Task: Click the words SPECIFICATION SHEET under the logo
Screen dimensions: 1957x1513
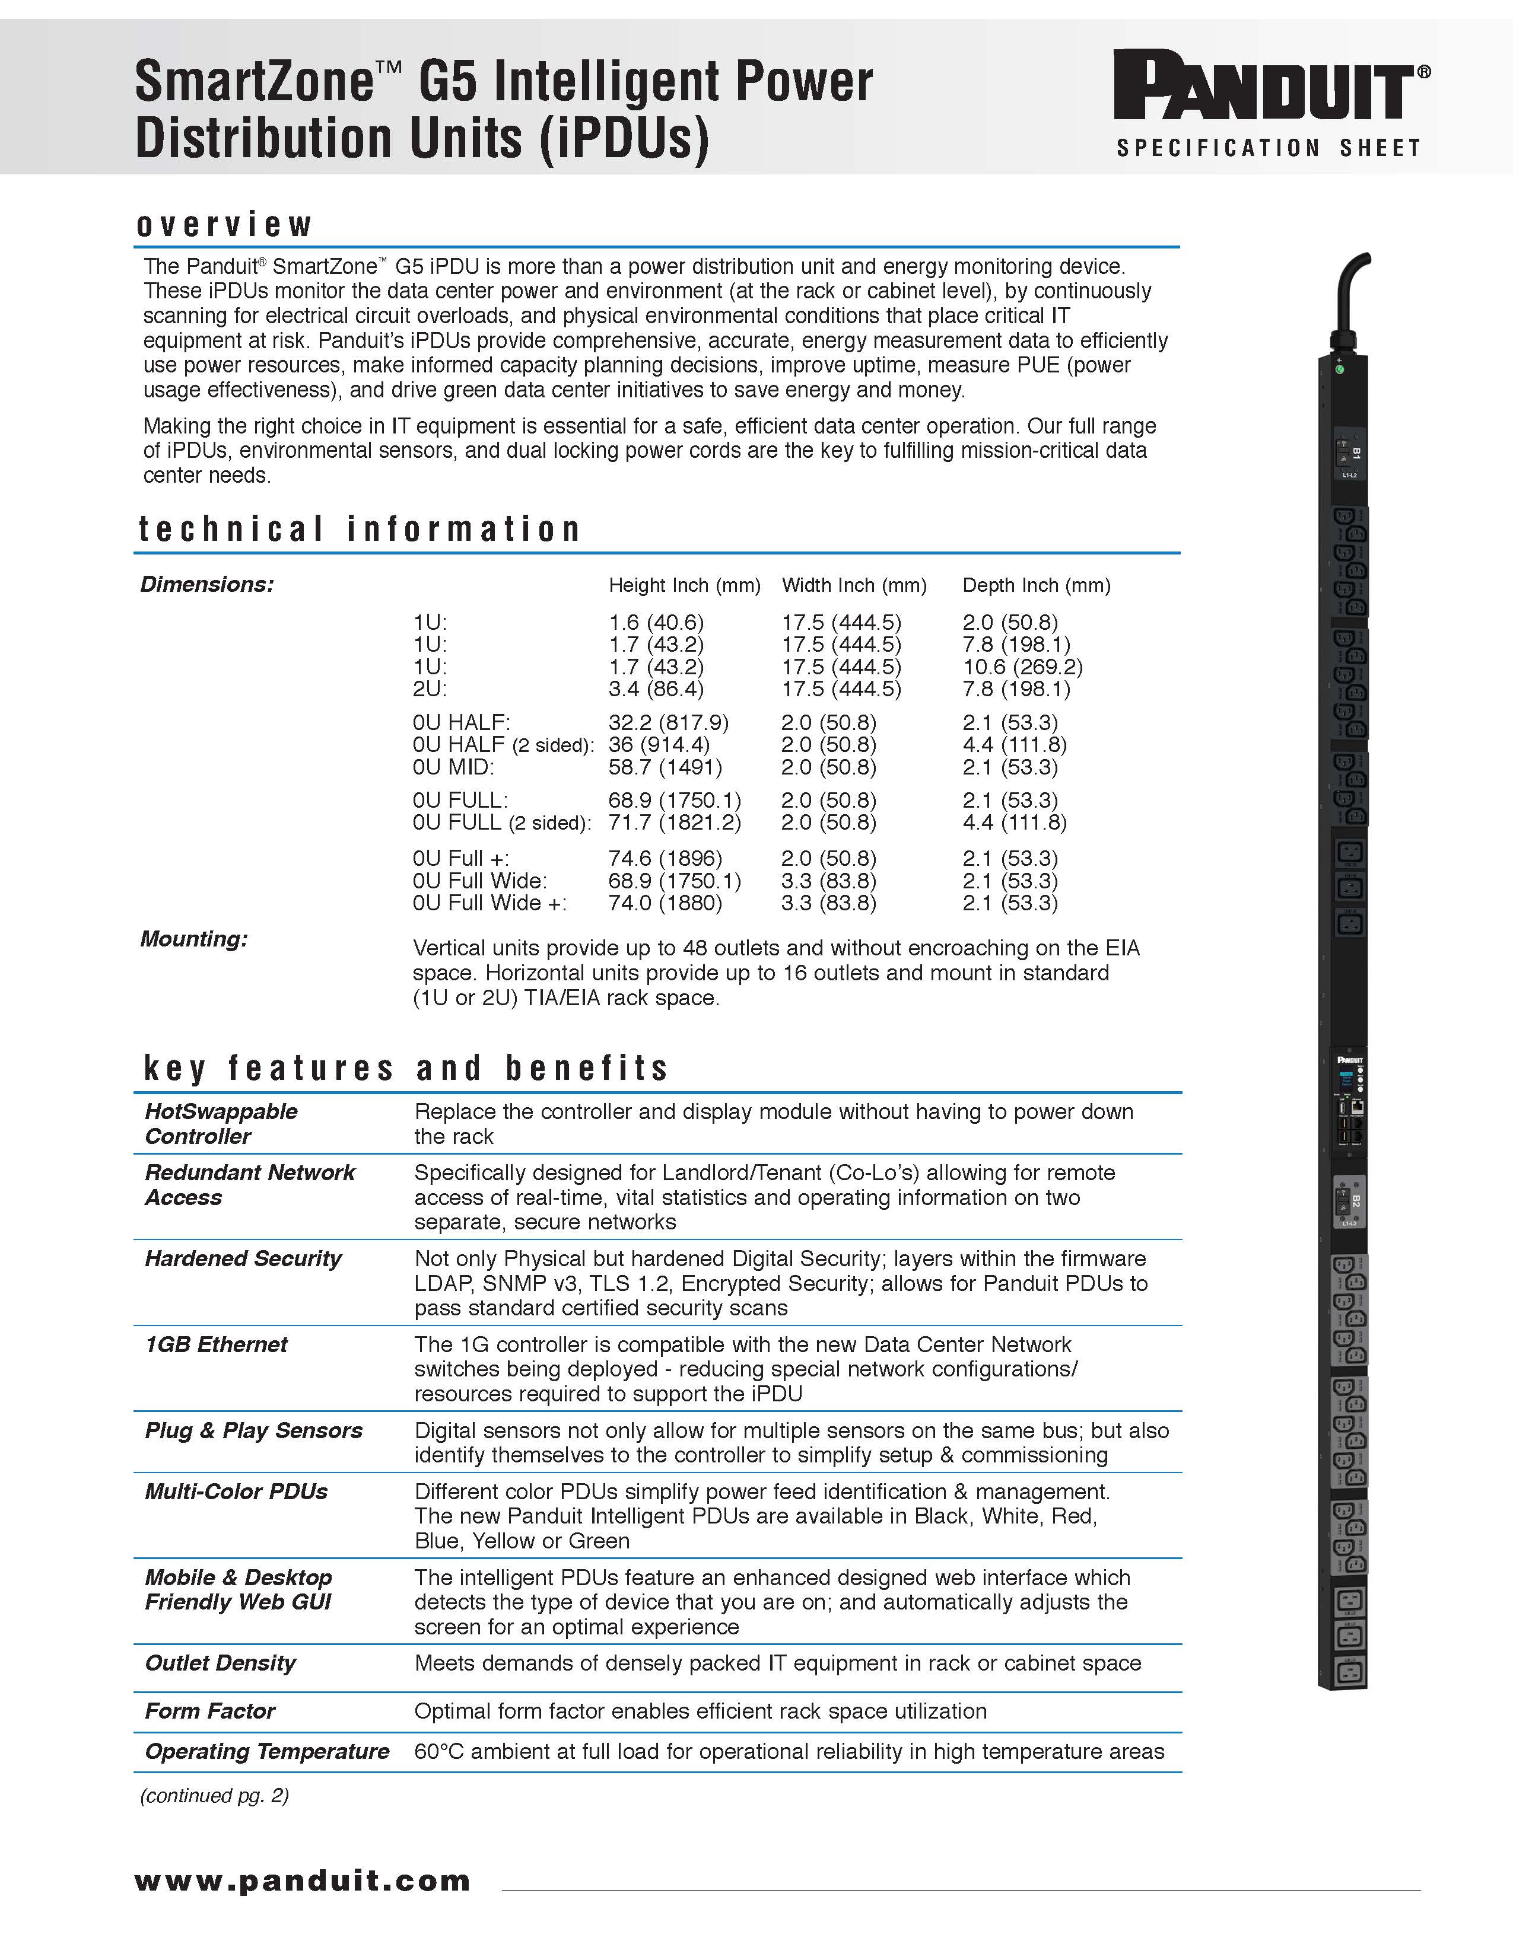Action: point(1267,148)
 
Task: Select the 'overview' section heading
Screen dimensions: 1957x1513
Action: point(224,224)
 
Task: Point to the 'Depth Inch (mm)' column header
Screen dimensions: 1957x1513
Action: point(1036,585)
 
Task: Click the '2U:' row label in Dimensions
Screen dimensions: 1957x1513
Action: point(430,689)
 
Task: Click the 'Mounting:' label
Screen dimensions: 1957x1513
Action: point(193,939)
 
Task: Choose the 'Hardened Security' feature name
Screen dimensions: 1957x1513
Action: point(243,1259)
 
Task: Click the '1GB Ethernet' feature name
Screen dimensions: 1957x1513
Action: point(216,1345)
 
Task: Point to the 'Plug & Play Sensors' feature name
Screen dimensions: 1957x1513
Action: point(254,1431)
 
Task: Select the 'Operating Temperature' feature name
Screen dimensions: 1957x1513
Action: point(267,1752)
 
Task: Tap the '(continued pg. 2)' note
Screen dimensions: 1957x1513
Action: point(214,1796)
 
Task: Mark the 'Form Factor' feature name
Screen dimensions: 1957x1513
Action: point(209,1711)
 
